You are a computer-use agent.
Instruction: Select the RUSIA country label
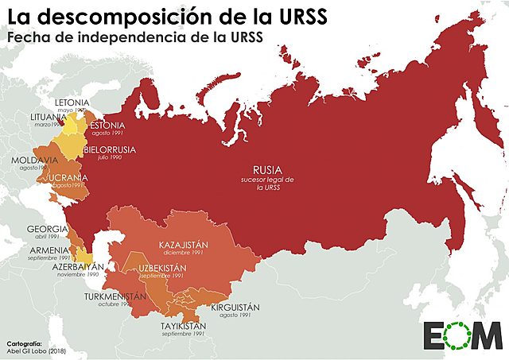(x=267, y=170)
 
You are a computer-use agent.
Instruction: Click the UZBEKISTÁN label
(x=161, y=267)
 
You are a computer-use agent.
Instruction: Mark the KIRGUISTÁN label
(x=238, y=307)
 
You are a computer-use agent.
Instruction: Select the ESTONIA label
(x=107, y=126)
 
